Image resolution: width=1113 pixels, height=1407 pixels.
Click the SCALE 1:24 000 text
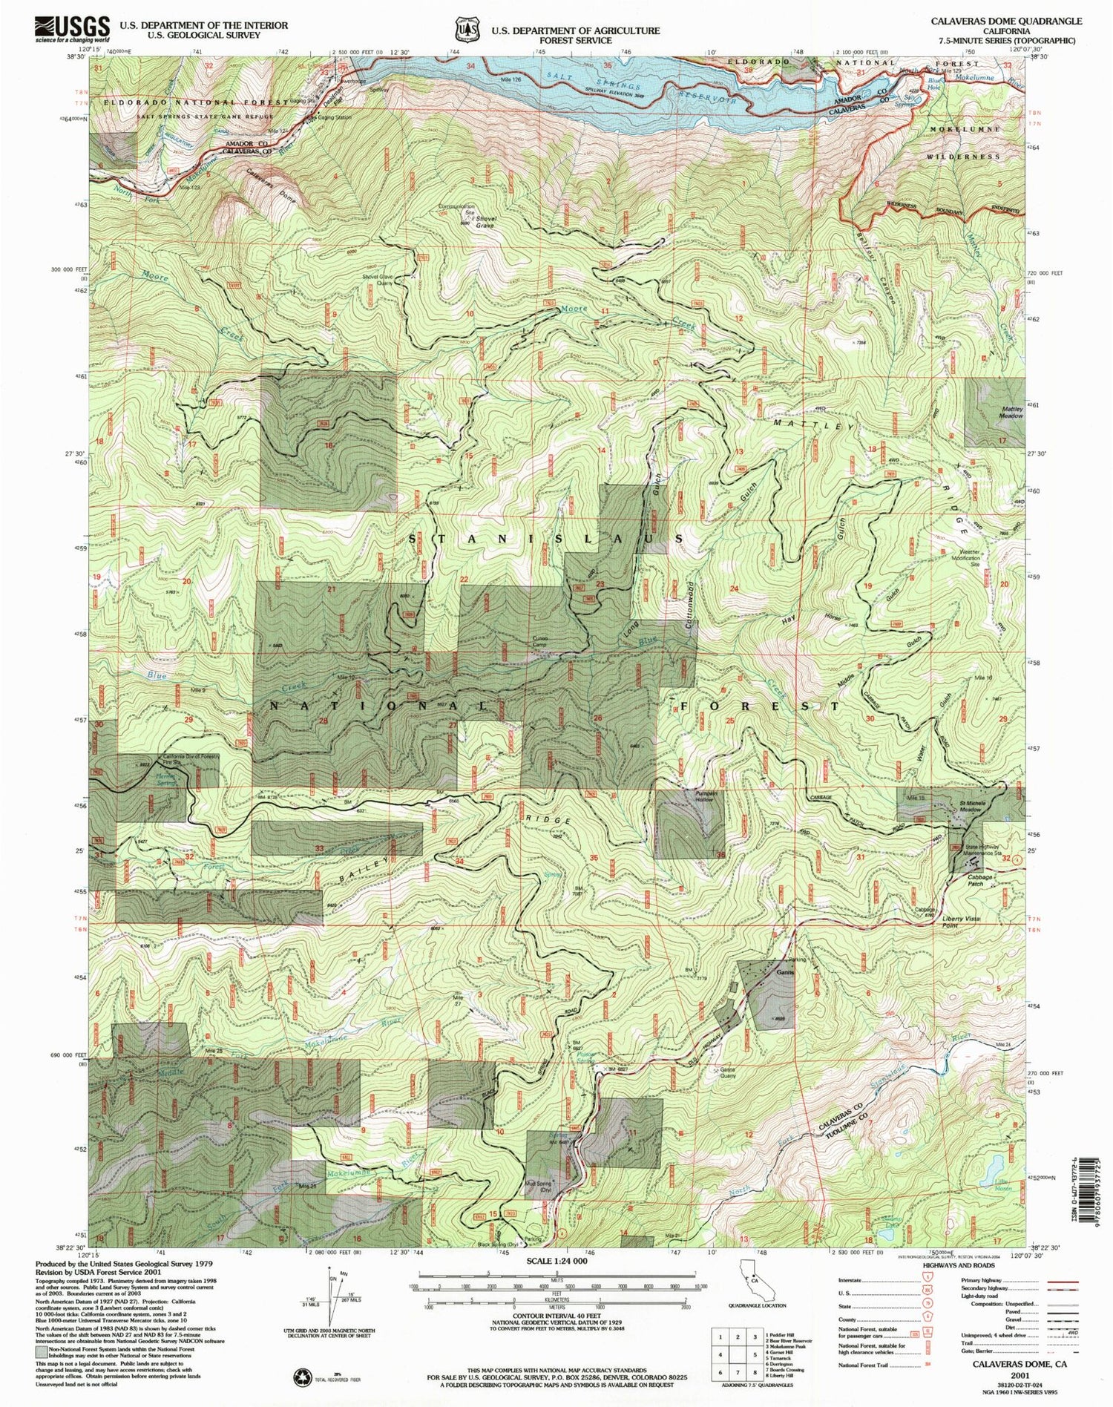point(556,1261)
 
